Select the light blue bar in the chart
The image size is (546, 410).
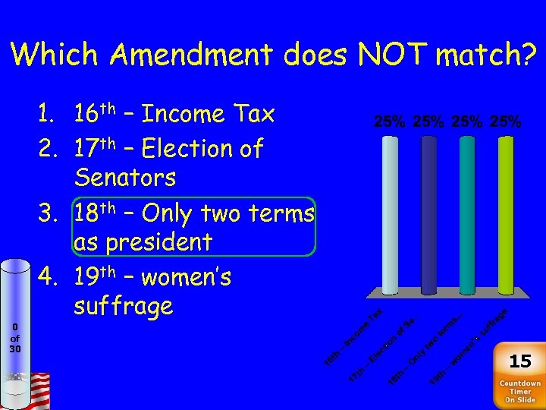tap(390, 216)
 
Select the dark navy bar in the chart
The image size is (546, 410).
tap(428, 216)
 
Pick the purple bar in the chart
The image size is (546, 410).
tap(467, 216)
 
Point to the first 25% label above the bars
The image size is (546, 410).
tap(389, 121)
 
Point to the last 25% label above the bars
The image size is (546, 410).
tap(505, 121)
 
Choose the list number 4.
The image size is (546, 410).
tap(47, 278)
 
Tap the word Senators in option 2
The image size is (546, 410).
tap(125, 178)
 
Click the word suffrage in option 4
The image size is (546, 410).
tap(124, 307)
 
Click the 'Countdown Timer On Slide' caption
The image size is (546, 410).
tap(519, 392)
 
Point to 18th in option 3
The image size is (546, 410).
tap(93, 213)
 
